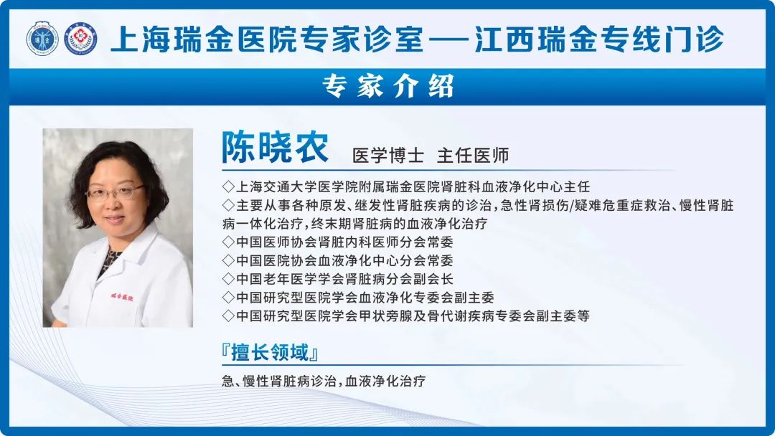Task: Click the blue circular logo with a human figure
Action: [x=42, y=39]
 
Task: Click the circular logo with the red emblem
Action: [x=81, y=39]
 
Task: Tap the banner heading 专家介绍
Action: [x=388, y=86]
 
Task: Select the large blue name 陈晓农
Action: [x=275, y=147]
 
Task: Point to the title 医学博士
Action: [x=388, y=156]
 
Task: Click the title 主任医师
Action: [x=473, y=156]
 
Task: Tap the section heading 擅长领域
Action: [x=270, y=353]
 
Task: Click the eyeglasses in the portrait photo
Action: [x=115, y=193]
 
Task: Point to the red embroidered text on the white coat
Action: [x=121, y=298]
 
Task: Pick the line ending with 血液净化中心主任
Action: [x=406, y=186]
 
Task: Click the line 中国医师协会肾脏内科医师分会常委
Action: [x=337, y=242]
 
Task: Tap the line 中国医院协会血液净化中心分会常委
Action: [x=337, y=260]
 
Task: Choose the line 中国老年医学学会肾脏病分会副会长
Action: [x=337, y=279]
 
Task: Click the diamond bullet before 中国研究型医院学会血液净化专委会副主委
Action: [x=228, y=298]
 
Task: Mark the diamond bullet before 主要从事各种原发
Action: [x=228, y=205]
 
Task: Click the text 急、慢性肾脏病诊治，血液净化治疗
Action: [x=324, y=381]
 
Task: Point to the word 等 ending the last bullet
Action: [x=583, y=316]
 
